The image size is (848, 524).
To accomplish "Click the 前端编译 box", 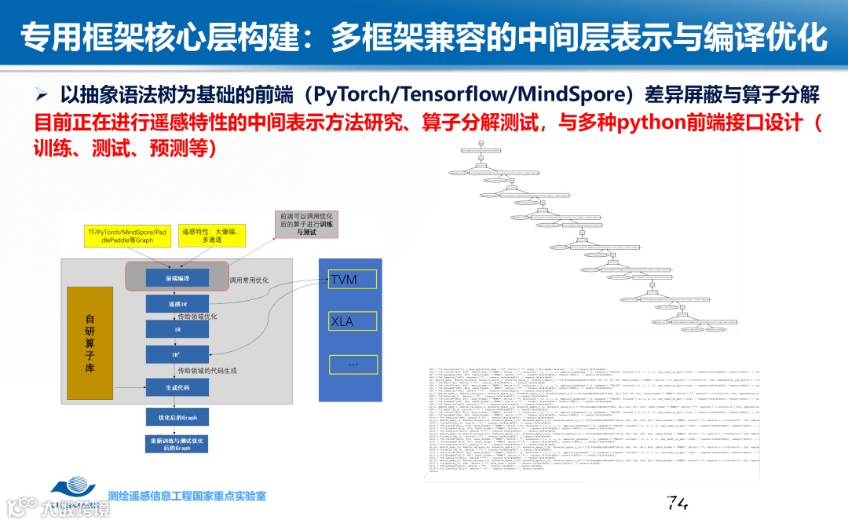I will click(x=177, y=278).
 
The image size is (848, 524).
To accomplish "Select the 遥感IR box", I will click(x=177, y=303).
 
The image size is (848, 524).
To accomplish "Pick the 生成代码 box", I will click(x=177, y=387).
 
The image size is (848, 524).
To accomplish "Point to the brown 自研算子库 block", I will click(x=90, y=343).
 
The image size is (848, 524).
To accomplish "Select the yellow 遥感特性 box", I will click(x=207, y=234).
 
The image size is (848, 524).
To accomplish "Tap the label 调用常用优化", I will click(x=248, y=280).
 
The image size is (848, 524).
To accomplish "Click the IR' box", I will click(x=177, y=355).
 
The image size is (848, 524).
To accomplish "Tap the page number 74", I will click(x=676, y=500).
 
